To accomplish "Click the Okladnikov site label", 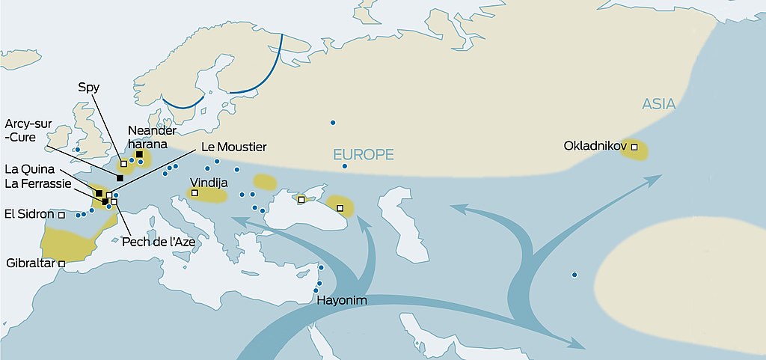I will pyautogui.click(x=595, y=146).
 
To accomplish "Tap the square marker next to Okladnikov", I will pyautogui.click(x=634, y=147).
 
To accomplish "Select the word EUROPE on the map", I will pyautogui.click(x=364, y=155).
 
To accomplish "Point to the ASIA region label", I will pyautogui.click(x=658, y=105).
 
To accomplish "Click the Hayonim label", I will pyautogui.click(x=342, y=302).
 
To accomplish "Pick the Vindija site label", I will pyautogui.click(x=209, y=182).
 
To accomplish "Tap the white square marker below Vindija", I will pyautogui.click(x=195, y=193).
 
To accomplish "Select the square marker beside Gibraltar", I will pyautogui.click(x=61, y=263).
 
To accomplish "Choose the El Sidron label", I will pyautogui.click(x=28, y=214).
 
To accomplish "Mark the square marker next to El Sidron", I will pyautogui.click(x=61, y=215).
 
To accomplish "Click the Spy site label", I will pyautogui.click(x=88, y=87).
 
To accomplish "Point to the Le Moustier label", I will pyautogui.click(x=233, y=146).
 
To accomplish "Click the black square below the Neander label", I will pyautogui.click(x=139, y=154).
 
